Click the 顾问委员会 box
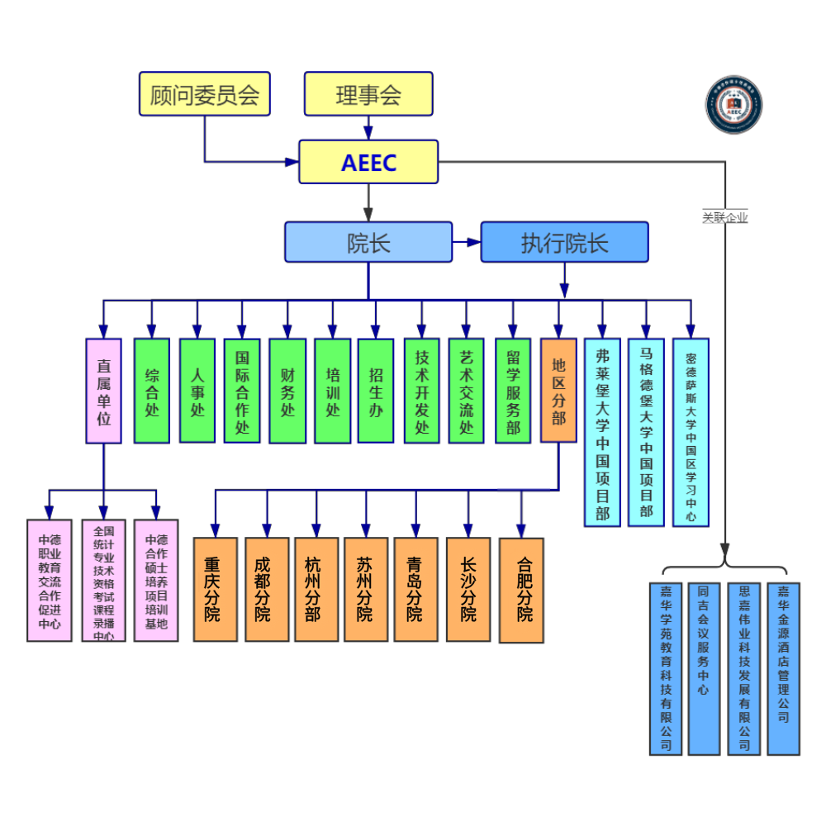click(205, 93)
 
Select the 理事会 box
click(368, 93)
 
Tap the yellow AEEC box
click(368, 162)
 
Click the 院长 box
click(368, 242)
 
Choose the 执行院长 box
click(564, 242)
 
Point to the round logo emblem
click(733, 106)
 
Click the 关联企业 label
click(725, 218)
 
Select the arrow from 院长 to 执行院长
click(468, 242)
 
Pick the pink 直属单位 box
click(104, 391)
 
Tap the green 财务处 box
click(287, 391)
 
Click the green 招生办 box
click(376, 391)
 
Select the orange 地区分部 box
click(558, 391)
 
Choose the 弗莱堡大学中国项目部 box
click(602, 432)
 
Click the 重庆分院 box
click(216, 589)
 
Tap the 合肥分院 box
click(521, 590)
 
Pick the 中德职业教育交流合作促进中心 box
click(50, 580)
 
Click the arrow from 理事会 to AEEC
click(368, 128)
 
